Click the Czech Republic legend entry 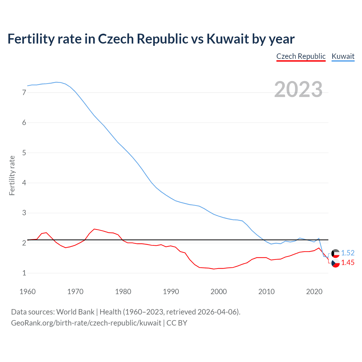click(301, 56)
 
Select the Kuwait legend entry click(343, 56)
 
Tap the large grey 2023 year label click(298, 89)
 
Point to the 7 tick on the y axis click(24, 92)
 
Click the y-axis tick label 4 click(24, 183)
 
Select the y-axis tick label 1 click(24, 273)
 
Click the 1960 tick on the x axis click(27, 292)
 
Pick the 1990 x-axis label click(171, 292)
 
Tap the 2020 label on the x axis click(314, 292)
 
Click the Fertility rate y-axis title click(12, 175)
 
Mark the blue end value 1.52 click(348, 253)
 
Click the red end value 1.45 click(348, 262)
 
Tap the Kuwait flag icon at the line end click(335, 253)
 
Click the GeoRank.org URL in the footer click(86, 323)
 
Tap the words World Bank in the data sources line click(75, 312)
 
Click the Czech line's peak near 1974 click(94, 229)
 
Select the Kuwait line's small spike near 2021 click(319, 238)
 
